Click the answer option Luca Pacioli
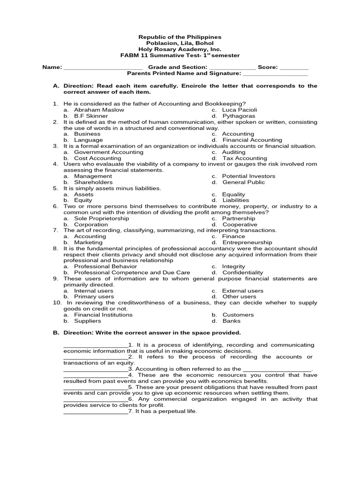click(240, 110)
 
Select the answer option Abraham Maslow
click(99, 110)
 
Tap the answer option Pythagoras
click(239, 116)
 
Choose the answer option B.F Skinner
click(91, 116)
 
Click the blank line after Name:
click(103, 68)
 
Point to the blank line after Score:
click(294, 68)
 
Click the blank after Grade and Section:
click(232, 68)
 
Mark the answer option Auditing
click(233, 152)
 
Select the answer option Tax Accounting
click(244, 158)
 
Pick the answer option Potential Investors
click(248, 176)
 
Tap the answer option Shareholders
click(93, 182)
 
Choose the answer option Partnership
click(239, 218)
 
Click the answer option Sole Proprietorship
click(101, 218)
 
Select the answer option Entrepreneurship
click(247, 242)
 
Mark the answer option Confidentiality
click(242, 272)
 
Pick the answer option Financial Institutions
click(103, 315)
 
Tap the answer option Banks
click(231, 321)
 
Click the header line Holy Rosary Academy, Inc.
click(180, 49)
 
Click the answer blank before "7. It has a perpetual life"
click(95, 412)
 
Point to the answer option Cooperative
click(240, 225)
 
